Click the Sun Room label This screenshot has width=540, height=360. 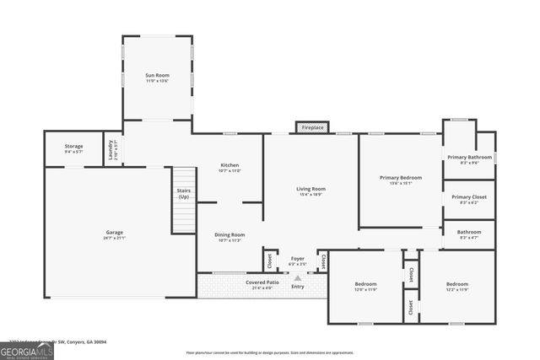[x=157, y=76]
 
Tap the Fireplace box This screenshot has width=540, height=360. [x=312, y=127]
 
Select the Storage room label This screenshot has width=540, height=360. [x=73, y=147]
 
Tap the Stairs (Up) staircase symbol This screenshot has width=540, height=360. [x=184, y=200]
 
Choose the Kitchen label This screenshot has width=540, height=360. [x=229, y=165]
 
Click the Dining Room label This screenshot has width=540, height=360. [x=229, y=234]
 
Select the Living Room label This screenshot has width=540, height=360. [x=310, y=189]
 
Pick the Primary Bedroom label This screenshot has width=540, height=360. [x=400, y=178]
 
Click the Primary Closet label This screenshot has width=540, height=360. [x=469, y=197]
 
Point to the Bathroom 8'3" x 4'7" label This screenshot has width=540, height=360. [x=469, y=232]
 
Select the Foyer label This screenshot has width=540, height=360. [x=297, y=259]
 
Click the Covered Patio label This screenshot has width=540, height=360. [x=262, y=282]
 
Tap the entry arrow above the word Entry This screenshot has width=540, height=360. [x=297, y=277]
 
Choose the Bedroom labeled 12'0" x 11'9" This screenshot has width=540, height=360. [x=365, y=284]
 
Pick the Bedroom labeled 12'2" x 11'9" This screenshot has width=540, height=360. [x=457, y=284]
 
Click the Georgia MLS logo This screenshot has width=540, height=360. [x=27, y=350]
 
